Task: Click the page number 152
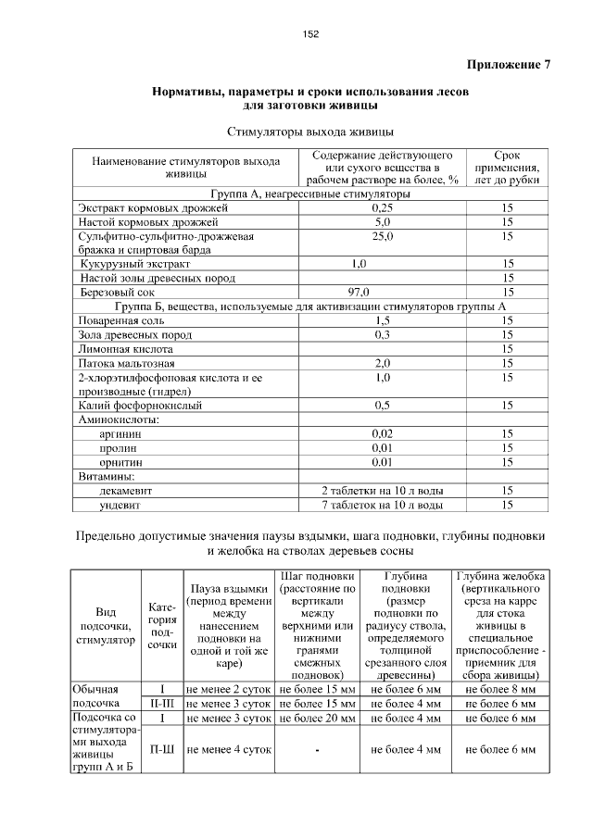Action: [x=310, y=34]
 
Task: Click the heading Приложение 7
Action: [x=508, y=65]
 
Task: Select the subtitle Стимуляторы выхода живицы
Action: [x=310, y=131]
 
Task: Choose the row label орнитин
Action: [x=121, y=461]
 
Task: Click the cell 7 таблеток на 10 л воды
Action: [x=383, y=505]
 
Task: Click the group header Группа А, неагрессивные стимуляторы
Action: [x=310, y=195]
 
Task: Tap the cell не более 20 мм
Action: [x=317, y=718]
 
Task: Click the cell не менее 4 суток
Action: [x=228, y=750]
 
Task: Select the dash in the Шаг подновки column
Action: [x=317, y=750]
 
